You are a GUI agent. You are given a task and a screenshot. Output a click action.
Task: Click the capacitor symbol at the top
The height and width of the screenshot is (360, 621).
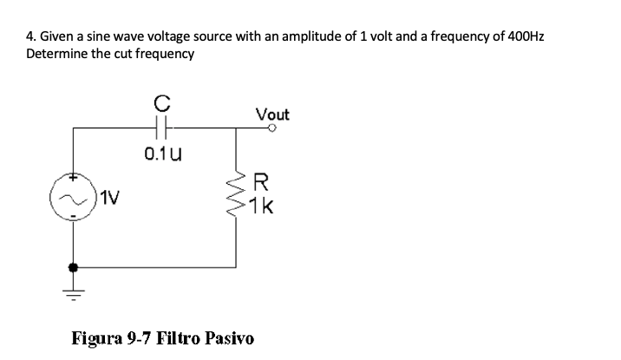[161, 128]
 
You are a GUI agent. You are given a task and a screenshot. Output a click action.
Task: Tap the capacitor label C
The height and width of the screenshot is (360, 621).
[160, 103]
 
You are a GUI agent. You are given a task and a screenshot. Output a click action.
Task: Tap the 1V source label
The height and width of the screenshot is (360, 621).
[109, 197]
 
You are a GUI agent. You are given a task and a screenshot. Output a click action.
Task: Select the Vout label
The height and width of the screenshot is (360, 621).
[272, 114]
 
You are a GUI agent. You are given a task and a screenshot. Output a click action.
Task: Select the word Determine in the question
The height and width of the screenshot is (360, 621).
[57, 54]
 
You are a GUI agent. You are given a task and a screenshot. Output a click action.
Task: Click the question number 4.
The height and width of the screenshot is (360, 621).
[31, 37]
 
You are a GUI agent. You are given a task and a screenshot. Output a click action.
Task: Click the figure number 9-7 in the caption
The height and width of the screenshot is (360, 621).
[136, 337]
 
